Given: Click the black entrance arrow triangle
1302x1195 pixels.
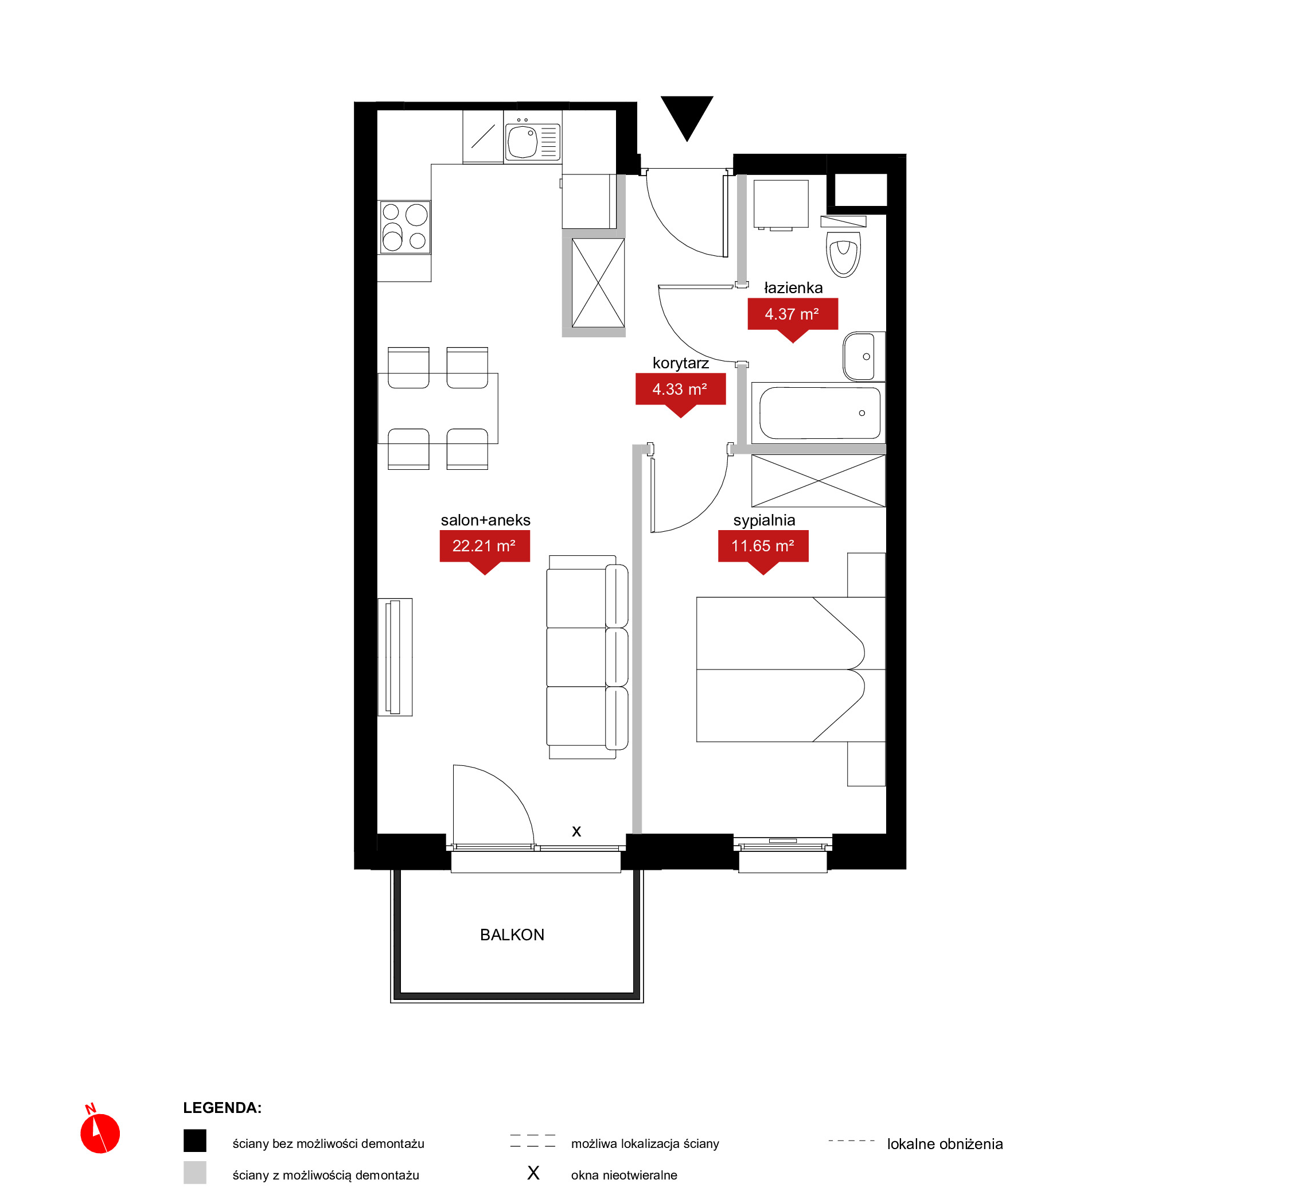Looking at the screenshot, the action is point(687,115).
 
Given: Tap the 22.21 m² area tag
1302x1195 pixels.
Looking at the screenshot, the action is point(485,550).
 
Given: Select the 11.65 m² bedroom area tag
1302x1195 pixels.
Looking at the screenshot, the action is point(763,550).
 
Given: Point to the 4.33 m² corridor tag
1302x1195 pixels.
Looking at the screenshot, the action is point(680,393).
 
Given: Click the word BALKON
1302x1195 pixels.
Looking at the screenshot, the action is point(512,935).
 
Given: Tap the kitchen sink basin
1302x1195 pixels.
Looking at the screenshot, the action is point(523,142).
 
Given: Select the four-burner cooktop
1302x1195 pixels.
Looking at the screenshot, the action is point(405,227).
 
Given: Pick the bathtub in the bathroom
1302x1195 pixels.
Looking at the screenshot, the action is point(819,412).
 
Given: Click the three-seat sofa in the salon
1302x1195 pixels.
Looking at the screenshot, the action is point(587,657).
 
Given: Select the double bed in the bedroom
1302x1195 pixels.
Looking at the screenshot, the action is point(790,669).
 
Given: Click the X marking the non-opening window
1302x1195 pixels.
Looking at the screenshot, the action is point(576,832).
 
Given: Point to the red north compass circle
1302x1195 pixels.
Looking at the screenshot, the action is point(100,1134).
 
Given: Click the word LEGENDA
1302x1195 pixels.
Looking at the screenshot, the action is point(223,1108).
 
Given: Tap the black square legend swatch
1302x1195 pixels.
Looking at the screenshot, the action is point(194,1140).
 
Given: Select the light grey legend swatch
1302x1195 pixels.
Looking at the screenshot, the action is point(194,1173).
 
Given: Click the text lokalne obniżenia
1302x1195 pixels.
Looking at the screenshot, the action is point(945,1144).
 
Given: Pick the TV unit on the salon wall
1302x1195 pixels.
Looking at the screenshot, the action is point(395,657).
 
